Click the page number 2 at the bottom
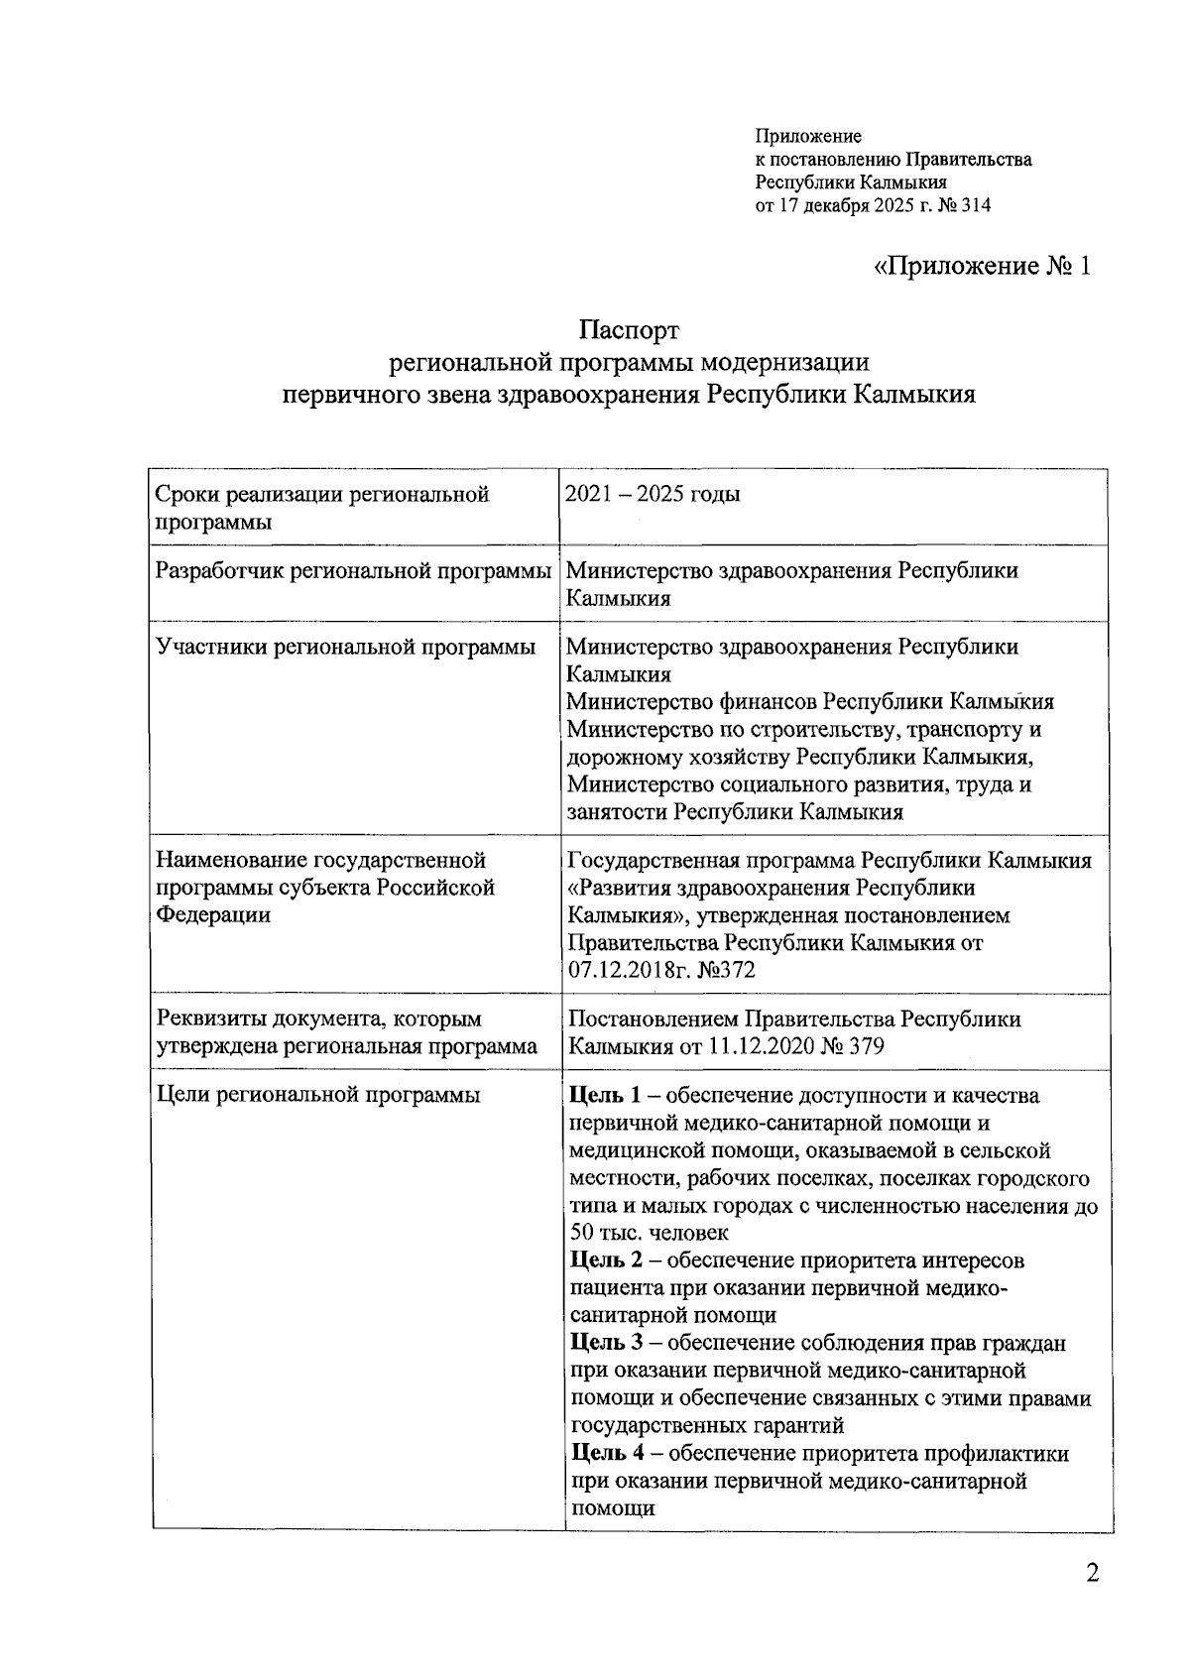click(1092, 1574)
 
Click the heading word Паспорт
click(629, 329)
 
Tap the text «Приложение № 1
click(982, 267)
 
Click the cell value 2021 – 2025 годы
click(653, 494)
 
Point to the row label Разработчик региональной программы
click(354, 571)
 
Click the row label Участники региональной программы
click(346, 648)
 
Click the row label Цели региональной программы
click(318, 1096)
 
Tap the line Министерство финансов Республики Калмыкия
click(809, 702)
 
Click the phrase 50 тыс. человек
click(650, 1233)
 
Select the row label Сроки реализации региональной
click(322, 494)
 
